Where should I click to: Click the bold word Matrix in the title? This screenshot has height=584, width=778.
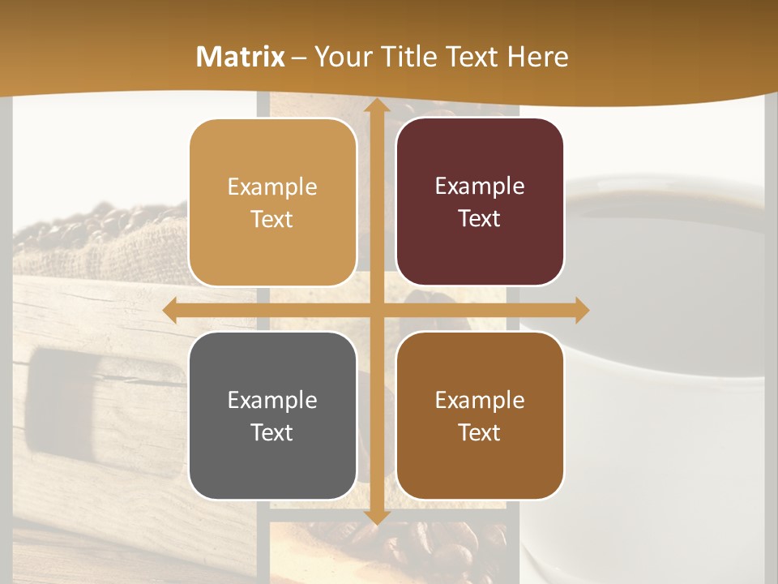pos(241,57)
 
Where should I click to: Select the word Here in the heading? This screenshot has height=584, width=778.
pos(537,57)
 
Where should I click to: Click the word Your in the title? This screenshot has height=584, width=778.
pos(340,57)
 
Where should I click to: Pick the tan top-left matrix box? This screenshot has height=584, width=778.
pos(272,203)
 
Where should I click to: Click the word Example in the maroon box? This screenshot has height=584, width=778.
pos(480,186)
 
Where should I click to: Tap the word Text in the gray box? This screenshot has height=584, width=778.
pos(271,432)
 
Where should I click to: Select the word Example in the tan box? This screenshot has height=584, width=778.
pos(272,187)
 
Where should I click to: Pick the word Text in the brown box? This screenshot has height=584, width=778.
pos(479,432)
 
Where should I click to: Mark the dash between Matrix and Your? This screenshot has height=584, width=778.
pos(299,58)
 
